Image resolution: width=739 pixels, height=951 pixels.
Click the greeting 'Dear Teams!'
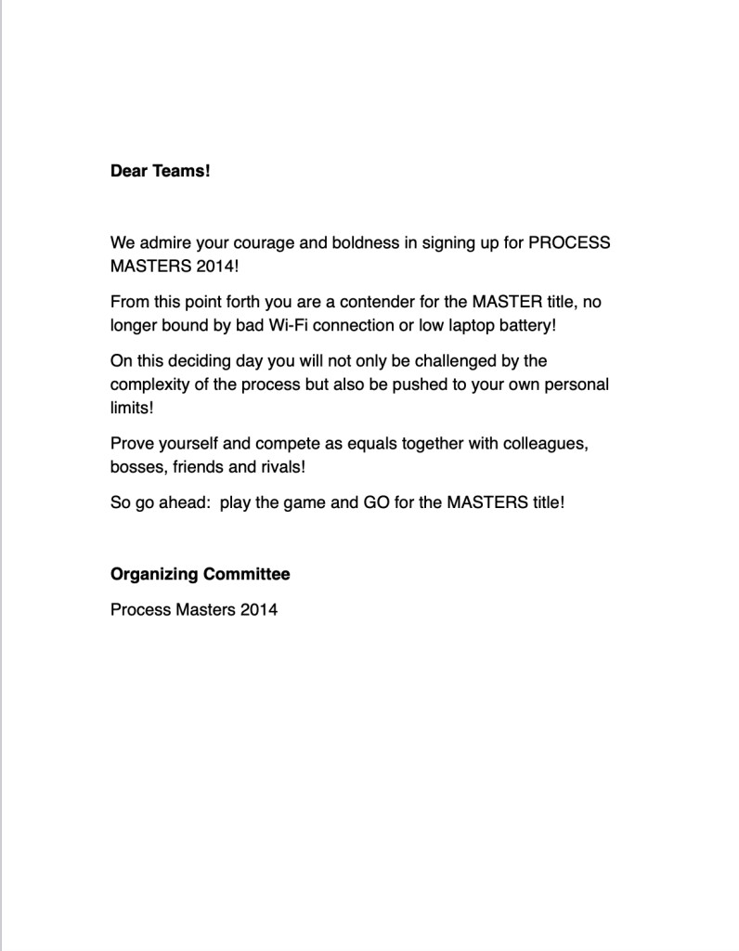point(161,171)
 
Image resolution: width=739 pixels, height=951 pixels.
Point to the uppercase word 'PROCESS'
point(569,243)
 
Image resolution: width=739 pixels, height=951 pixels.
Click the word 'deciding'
point(201,361)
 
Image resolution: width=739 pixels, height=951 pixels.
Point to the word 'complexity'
point(149,384)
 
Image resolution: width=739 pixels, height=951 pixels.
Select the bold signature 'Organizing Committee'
point(200,574)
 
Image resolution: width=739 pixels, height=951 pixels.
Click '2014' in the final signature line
point(257,610)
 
